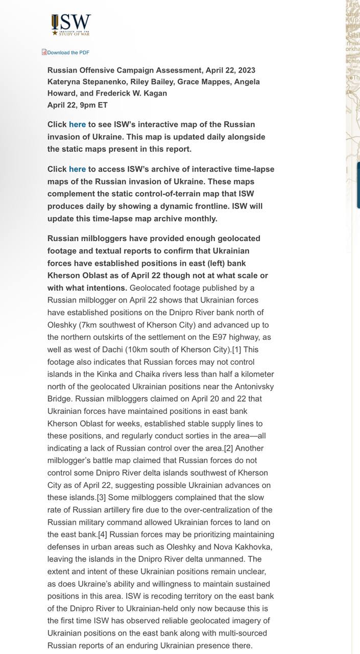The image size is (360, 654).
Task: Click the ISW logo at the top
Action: coord(71,25)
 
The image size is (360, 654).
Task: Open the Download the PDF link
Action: coord(68,53)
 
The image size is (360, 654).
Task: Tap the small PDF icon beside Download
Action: coord(44,52)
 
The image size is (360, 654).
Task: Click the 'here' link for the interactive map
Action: coord(77,125)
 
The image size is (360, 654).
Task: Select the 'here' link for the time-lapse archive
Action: coord(77,169)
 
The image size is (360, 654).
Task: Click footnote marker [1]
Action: coord(236,350)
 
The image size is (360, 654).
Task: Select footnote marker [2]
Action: coord(228,449)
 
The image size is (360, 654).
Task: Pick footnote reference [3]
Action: coord(101,498)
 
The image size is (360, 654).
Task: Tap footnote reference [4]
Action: coord(103,535)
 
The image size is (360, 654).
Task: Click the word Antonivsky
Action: coord(254,387)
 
